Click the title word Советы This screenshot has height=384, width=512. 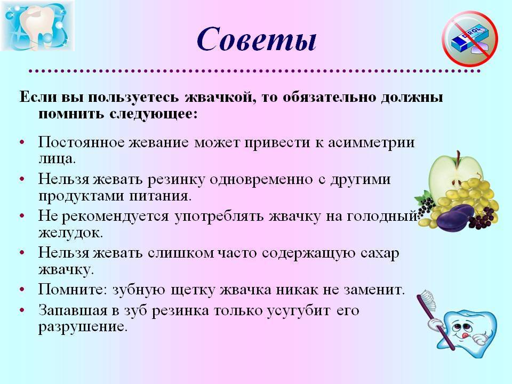coord(257,40)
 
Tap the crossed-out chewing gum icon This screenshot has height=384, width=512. coord(470,39)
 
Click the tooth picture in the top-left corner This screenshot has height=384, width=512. coord(37,26)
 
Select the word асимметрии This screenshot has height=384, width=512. coord(371,143)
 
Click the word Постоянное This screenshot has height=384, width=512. coord(81,143)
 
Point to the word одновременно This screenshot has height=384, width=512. coord(261,180)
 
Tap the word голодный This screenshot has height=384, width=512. coord(381,217)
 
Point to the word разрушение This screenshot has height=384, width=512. coord(83,327)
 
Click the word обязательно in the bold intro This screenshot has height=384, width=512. coord(329,98)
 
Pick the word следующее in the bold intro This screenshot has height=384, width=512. coord(153,114)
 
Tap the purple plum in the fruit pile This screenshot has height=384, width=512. coord(455,217)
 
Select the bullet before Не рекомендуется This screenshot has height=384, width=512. coord(22,216)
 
